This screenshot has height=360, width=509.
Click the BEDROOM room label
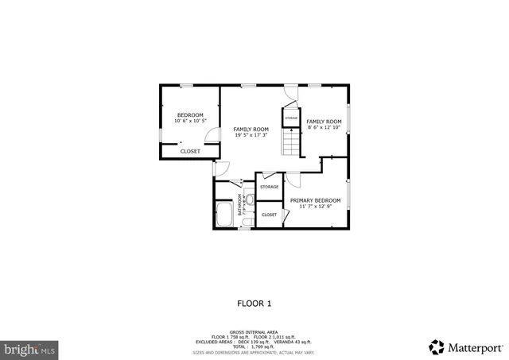click(x=190, y=115)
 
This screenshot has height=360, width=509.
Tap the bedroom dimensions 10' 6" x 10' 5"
click(x=190, y=121)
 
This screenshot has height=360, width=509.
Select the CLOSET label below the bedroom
click(x=190, y=151)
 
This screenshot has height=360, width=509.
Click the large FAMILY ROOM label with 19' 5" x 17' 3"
click(x=251, y=129)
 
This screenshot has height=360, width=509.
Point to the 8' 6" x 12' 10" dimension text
click(x=324, y=127)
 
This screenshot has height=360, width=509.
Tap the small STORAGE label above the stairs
click(x=291, y=117)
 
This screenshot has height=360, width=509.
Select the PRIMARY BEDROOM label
click(x=315, y=200)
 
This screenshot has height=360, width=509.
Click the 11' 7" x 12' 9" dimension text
click(x=315, y=207)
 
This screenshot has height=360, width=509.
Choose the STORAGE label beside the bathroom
click(x=269, y=187)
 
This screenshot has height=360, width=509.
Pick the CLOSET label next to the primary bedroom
click(x=269, y=215)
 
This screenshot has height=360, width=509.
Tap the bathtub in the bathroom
click(x=223, y=215)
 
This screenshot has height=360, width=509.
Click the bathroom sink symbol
click(x=249, y=201)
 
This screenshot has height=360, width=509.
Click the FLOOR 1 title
click(x=254, y=303)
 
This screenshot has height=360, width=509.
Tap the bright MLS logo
click(x=29, y=347)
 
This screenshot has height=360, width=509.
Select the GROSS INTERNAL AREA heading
click(x=254, y=331)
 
